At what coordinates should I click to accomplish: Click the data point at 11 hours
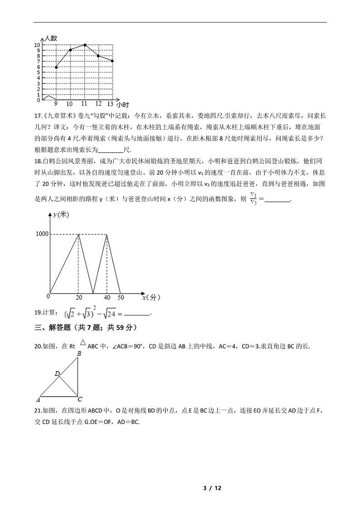(85, 45)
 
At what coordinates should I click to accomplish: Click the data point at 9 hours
(56, 67)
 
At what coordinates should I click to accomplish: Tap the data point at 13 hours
(112, 61)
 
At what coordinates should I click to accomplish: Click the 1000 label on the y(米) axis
(42, 234)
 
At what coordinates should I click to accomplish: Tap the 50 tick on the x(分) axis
(120, 298)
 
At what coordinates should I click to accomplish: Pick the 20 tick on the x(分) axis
(79, 298)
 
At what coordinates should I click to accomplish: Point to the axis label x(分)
(151, 298)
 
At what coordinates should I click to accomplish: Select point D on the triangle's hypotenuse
(58, 374)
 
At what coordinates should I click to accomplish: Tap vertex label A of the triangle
(38, 400)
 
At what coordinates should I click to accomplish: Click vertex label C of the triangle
(80, 400)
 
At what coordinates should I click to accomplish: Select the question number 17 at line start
(38, 116)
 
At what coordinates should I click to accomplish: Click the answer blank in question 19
(136, 314)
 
